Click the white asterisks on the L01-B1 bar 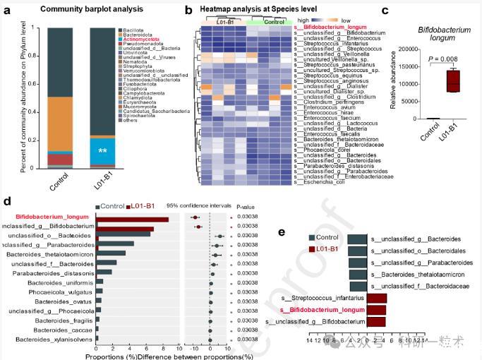[102, 151]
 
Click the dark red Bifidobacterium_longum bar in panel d [133, 220]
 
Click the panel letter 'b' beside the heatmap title [188, 10]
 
